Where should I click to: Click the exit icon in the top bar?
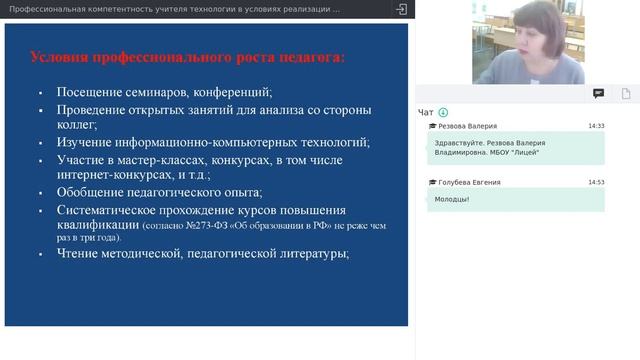coord(402,9)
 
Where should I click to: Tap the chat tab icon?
coord(598,93)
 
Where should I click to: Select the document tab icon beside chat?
coord(625,93)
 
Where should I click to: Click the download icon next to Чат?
coord(443,112)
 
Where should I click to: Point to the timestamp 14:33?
coord(596,127)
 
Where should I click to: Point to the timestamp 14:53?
coord(596,183)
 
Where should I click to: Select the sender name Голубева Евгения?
coord(470,183)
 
